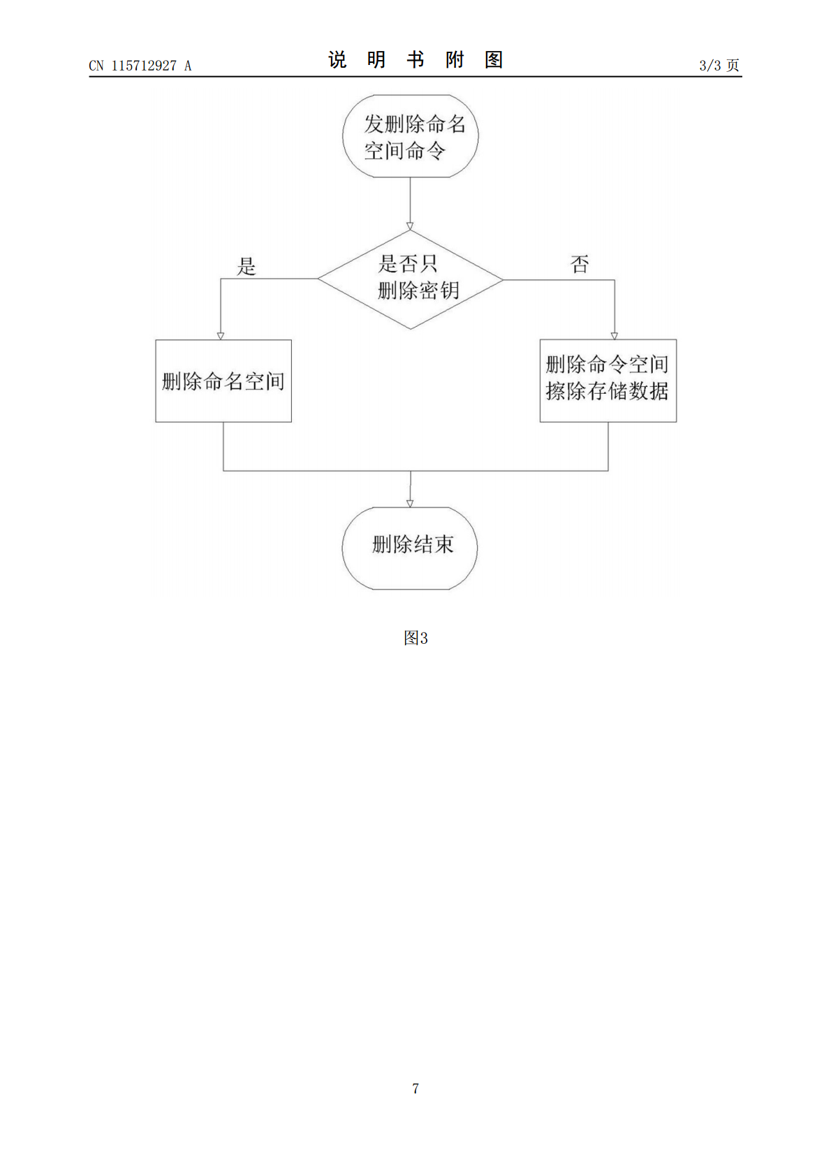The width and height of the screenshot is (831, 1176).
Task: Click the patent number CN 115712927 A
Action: click(x=140, y=66)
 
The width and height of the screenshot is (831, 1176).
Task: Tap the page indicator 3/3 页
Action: click(x=719, y=65)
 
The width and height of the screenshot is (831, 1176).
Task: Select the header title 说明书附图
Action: click(x=415, y=60)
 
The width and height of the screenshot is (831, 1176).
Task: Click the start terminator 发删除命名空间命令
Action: click(x=411, y=136)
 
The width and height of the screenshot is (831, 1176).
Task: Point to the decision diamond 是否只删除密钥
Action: click(x=411, y=279)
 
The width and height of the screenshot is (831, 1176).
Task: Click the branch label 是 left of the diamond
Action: click(x=247, y=266)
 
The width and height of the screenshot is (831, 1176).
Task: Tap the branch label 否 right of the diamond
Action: click(x=580, y=264)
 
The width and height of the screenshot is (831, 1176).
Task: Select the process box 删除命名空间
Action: click(x=223, y=381)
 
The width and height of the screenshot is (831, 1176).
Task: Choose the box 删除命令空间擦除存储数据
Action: click(x=608, y=381)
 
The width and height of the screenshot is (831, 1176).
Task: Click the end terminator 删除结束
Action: click(x=410, y=548)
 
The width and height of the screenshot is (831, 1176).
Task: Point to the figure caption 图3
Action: click(x=415, y=638)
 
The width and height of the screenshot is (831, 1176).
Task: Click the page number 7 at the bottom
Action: click(x=415, y=1088)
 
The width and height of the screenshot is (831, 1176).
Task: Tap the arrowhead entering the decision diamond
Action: click(x=410, y=226)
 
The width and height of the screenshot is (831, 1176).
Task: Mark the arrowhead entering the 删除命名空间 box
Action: click(x=221, y=336)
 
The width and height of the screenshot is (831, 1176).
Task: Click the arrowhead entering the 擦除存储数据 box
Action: click(x=615, y=336)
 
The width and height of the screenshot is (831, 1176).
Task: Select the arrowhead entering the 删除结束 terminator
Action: click(x=410, y=504)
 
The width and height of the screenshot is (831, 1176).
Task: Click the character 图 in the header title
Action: click(x=494, y=60)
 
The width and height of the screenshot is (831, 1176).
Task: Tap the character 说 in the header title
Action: click(x=337, y=60)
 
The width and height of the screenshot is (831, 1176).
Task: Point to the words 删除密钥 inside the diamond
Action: click(x=418, y=291)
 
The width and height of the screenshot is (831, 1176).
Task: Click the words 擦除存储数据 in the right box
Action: click(x=607, y=391)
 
